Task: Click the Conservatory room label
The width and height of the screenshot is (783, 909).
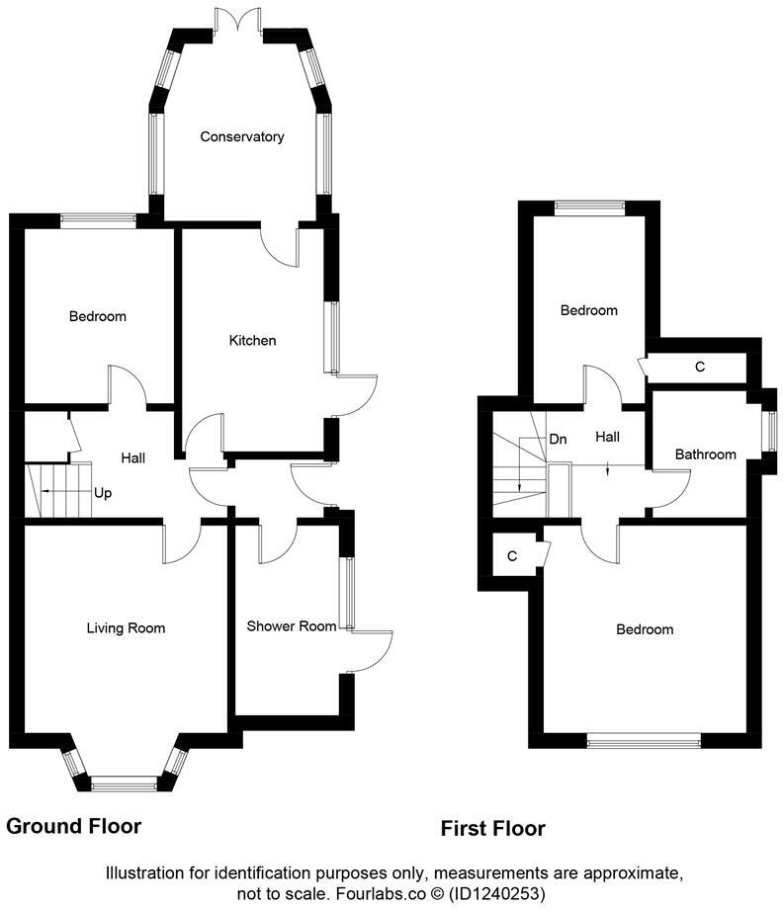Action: click(x=241, y=137)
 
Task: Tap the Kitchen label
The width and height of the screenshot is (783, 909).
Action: click(x=252, y=341)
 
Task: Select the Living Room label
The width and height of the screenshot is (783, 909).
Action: click(x=126, y=628)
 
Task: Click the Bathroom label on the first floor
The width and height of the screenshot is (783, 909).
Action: click(x=705, y=455)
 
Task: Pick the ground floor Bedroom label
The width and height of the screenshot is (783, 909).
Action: click(x=97, y=317)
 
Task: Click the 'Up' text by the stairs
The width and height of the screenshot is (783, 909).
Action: click(x=103, y=492)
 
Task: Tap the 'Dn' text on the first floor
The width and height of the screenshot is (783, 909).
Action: click(x=558, y=439)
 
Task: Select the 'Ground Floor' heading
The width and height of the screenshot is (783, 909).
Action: click(x=74, y=826)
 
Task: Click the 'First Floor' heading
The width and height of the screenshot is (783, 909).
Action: click(x=493, y=829)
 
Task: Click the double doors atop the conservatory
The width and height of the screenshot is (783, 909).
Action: click(x=237, y=21)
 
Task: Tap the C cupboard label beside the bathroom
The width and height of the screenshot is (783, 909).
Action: click(x=700, y=368)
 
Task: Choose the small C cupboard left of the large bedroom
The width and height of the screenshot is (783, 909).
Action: click(x=511, y=556)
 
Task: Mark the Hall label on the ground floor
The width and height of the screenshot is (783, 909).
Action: click(x=133, y=458)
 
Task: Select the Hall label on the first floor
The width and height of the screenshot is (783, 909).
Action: click(x=607, y=437)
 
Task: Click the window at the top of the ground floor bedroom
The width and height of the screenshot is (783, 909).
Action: click(x=98, y=221)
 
